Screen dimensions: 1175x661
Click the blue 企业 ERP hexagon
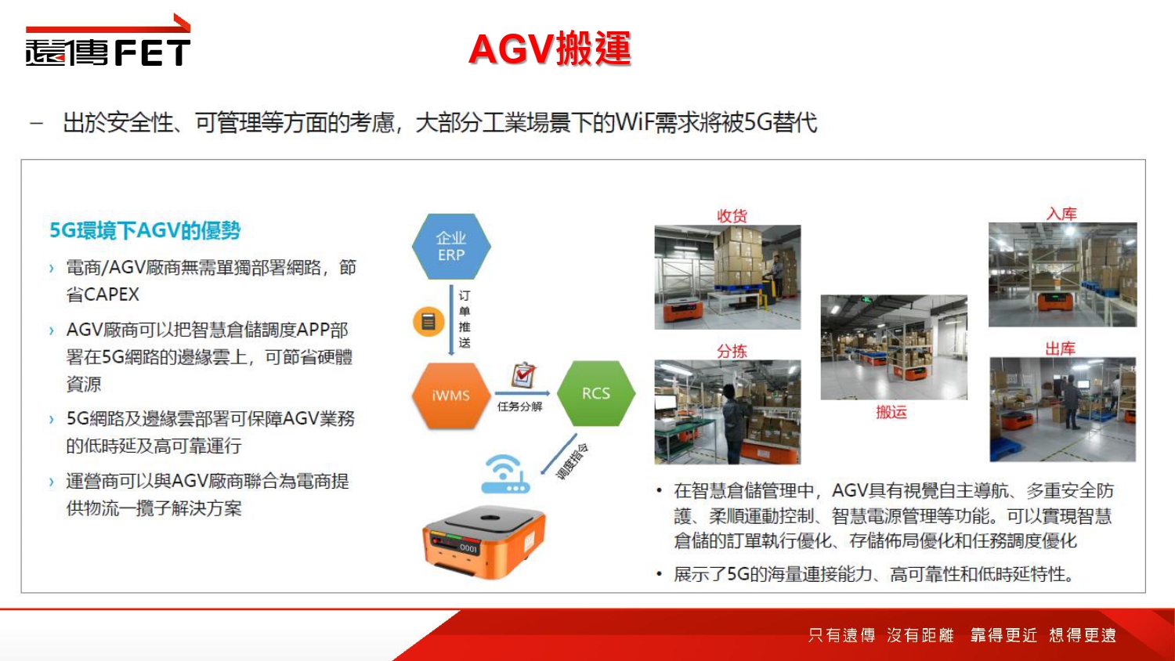451,246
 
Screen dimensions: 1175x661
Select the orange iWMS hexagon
451,396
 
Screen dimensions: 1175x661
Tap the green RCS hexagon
596,393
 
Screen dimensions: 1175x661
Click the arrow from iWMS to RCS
522,393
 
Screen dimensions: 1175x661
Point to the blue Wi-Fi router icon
505,475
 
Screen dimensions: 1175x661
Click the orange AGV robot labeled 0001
483,543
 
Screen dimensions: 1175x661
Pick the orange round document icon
428,321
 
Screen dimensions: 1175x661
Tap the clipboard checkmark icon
523,375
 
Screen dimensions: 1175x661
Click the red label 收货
732,215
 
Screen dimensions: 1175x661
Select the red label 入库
1061,214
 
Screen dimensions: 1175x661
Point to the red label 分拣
732,351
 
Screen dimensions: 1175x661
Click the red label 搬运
891,412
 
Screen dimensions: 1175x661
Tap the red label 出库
1060,349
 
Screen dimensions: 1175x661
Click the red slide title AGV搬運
550,49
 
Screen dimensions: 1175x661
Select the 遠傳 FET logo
108,40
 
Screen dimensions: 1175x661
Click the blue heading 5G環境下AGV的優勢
145,230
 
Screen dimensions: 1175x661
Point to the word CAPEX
111,294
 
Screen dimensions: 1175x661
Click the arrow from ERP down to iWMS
451,320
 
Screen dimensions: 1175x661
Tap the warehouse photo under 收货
728,277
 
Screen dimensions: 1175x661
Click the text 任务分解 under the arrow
519,406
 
